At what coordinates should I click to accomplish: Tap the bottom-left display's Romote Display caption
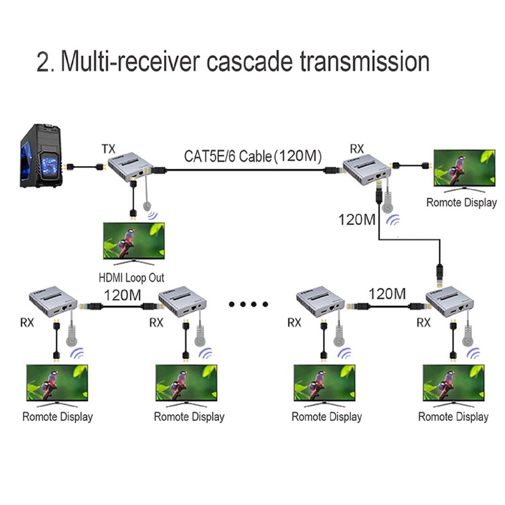point(57,417)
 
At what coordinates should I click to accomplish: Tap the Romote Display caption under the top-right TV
point(461,203)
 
